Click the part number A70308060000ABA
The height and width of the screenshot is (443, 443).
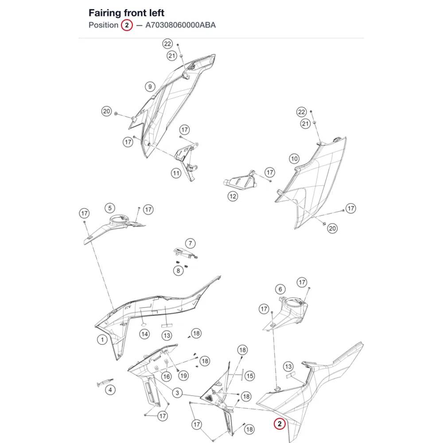[x=181, y=25]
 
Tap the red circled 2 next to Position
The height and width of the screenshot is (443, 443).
[x=127, y=25]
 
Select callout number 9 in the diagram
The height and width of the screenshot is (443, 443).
[x=150, y=86]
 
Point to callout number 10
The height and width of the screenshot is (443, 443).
[x=294, y=159]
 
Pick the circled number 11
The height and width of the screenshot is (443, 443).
[x=176, y=173]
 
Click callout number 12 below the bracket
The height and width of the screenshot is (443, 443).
[x=233, y=196]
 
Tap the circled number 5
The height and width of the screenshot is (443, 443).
[x=110, y=208]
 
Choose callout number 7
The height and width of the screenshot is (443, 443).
[x=190, y=243]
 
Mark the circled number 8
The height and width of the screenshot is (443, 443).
[x=178, y=271]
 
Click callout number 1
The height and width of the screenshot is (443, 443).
[x=102, y=339]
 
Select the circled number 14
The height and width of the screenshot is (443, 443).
[x=144, y=334]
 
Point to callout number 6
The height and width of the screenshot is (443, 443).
[x=280, y=289]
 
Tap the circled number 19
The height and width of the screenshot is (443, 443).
[x=184, y=376]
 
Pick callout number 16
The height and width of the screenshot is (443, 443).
[x=167, y=376]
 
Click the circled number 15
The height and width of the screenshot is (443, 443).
[x=250, y=376]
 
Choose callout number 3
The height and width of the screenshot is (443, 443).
[x=177, y=392]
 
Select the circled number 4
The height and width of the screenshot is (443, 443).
[x=110, y=390]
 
